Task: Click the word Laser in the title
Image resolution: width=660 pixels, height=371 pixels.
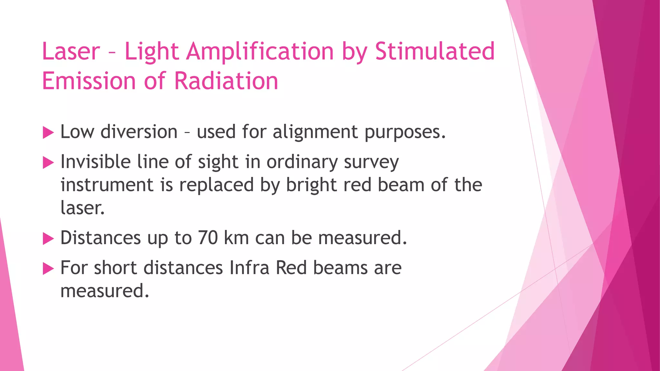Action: click(71, 52)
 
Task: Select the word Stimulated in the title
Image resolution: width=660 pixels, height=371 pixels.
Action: click(435, 52)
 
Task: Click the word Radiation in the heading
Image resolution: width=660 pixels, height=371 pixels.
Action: click(226, 81)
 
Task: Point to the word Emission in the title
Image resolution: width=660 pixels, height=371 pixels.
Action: click(89, 81)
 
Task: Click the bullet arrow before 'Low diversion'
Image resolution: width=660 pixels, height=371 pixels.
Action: click(48, 133)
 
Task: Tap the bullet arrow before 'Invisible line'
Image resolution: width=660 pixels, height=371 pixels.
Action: click(48, 163)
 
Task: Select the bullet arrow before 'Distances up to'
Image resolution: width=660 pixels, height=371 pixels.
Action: click(48, 239)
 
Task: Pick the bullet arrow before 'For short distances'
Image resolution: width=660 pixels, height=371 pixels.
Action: click(48, 269)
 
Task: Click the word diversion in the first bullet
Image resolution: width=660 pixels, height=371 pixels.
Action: click(139, 132)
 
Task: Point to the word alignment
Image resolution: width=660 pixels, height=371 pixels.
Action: click(315, 132)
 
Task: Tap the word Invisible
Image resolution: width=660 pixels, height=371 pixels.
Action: click(95, 162)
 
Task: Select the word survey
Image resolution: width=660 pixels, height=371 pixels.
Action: click(371, 162)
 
